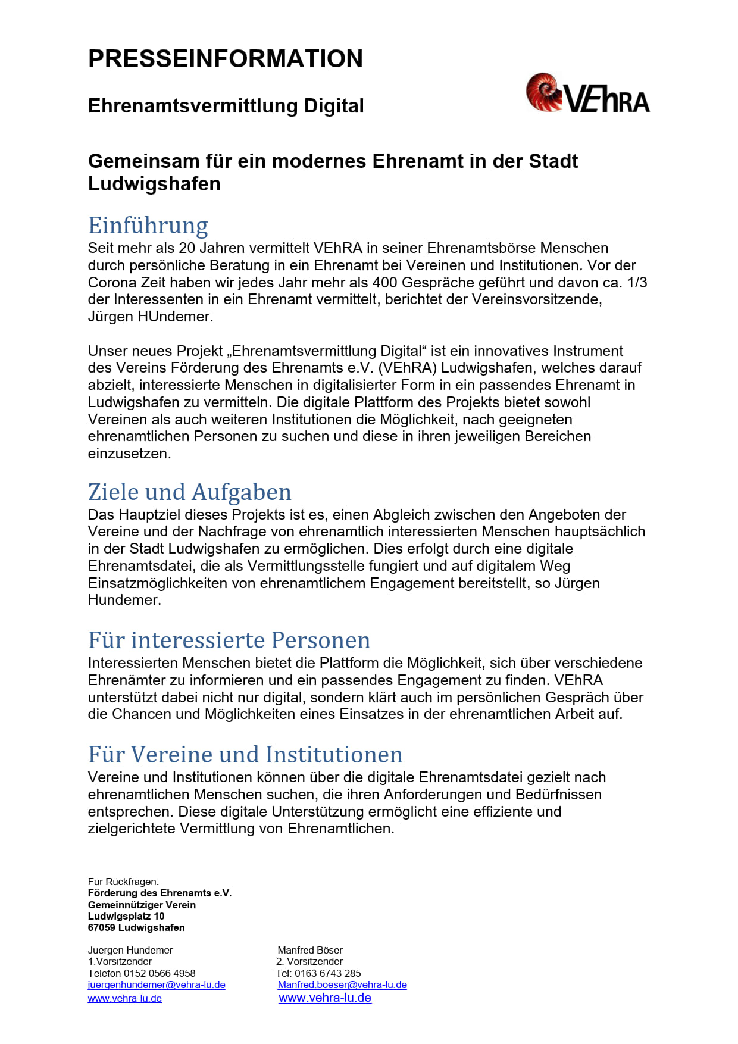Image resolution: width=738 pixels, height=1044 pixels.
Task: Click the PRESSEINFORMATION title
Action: coord(225,59)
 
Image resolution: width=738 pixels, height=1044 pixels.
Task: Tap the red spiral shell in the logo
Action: coord(543,92)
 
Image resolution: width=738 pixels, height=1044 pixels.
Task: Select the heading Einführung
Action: coord(148,226)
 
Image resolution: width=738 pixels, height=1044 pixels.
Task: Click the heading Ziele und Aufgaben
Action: coord(189,492)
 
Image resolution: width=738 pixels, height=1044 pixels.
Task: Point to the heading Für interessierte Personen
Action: coord(229,640)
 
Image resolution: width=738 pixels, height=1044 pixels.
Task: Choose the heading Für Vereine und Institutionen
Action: coord(245,755)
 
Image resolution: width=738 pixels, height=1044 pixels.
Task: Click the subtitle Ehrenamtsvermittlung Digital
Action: coord(226,106)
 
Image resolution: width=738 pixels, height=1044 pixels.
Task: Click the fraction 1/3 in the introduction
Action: coord(637,282)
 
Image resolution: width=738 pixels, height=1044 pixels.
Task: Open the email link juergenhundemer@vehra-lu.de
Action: coord(157,984)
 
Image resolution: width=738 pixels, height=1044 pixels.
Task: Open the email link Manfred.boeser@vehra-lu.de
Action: coord(342,984)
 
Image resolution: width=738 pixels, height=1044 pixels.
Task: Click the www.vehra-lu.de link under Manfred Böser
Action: coord(325,998)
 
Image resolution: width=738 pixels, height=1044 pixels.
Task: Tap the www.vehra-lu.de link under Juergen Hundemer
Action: coord(125,999)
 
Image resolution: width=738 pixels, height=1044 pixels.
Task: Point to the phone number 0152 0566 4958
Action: coord(160,973)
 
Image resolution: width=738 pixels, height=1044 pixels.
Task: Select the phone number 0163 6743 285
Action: coord(328,973)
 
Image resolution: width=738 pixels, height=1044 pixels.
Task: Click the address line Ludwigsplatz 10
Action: coord(126,916)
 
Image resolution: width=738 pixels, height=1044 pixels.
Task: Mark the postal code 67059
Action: coord(101,927)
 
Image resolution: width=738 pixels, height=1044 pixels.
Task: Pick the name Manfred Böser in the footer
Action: coord(310,950)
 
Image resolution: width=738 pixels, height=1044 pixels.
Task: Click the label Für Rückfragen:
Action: coord(123,882)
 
